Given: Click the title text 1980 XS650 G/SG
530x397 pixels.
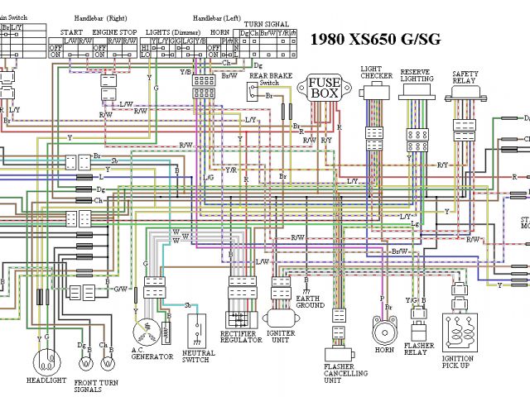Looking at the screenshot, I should [x=375, y=38].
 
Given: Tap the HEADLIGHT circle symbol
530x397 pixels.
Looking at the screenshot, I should [x=49, y=361].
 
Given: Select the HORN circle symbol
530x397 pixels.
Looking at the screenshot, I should [x=383, y=334].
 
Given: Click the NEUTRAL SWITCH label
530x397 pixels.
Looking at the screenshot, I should [x=197, y=356].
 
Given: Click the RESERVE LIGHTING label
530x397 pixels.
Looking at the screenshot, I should [x=416, y=76].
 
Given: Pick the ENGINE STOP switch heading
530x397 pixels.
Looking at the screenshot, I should [x=114, y=31].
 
